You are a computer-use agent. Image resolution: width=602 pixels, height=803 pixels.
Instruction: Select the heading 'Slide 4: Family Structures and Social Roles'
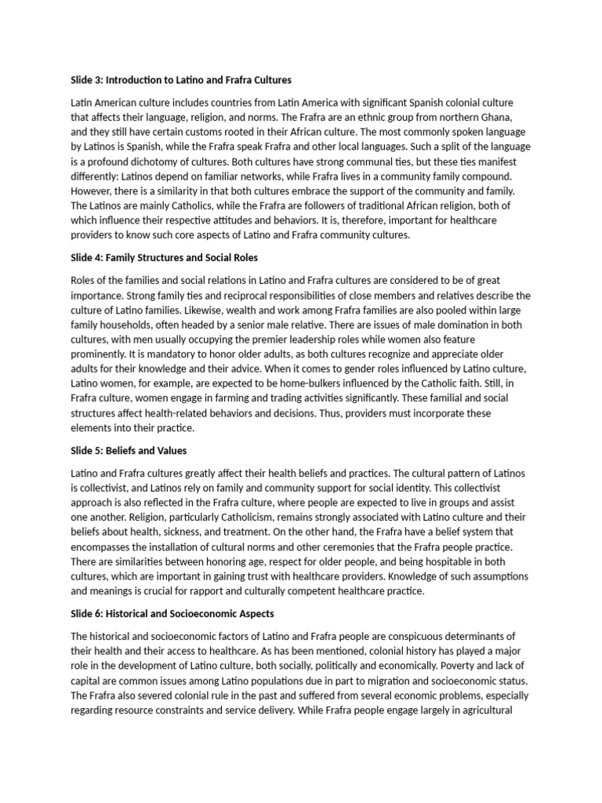(165, 257)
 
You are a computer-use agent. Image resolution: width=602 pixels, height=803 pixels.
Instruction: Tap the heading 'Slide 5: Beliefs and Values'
(129, 451)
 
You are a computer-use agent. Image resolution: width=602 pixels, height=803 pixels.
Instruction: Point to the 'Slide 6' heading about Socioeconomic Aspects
(172, 613)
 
